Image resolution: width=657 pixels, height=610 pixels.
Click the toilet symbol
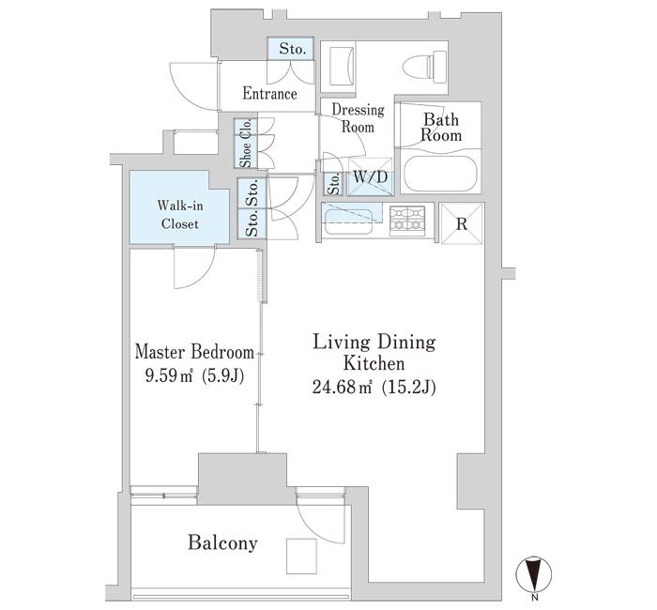click(x=424, y=65)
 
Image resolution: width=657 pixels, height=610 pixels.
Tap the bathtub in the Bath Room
click(x=440, y=174)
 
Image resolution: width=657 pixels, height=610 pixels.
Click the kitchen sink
click(x=348, y=221)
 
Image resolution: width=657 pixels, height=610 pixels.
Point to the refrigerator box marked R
click(x=462, y=223)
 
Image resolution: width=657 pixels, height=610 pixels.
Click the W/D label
click(x=371, y=177)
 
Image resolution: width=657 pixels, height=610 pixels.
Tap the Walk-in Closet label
click(x=180, y=214)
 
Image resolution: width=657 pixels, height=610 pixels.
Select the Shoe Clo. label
click(x=246, y=144)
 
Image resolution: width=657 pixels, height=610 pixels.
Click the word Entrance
click(x=270, y=94)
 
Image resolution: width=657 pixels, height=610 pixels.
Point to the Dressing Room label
click(x=358, y=118)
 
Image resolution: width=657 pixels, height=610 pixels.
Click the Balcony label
click(x=222, y=543)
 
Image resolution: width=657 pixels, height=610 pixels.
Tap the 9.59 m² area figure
click(x=168, y=375)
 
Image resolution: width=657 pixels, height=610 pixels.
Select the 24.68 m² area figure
click(x=342, y=388)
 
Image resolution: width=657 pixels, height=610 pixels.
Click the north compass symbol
click(x=534, y=573)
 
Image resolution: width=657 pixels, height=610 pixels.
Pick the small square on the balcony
click(x=301, y=556)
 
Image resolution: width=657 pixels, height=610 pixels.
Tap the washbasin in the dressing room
click(x=343, y=67)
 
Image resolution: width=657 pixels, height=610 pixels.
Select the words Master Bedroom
click(x=194, y=352)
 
